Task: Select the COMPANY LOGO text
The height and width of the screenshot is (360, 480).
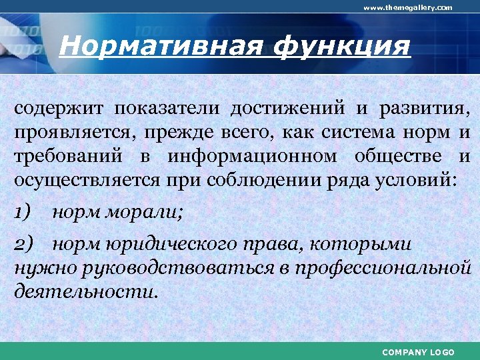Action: (x=419, y=351)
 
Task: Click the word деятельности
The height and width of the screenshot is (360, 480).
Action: (x=87, y=292)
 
